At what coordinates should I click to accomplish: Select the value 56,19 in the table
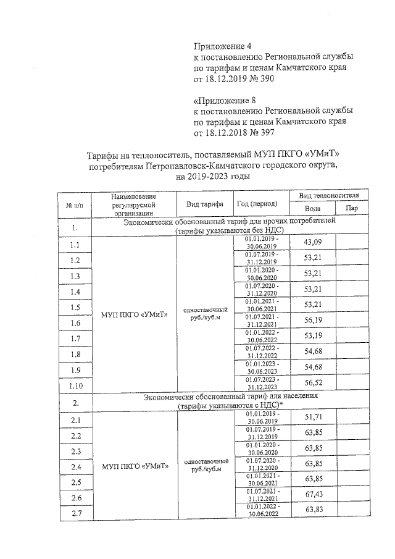tap(314, 321)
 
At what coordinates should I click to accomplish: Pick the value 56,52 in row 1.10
tap(314, 384)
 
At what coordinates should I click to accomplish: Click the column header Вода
tap(313, 209)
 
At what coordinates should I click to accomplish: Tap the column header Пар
tap(352, 209)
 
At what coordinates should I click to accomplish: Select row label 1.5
tap(75, 307)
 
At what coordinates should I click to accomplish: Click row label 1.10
tap(76, 386)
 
